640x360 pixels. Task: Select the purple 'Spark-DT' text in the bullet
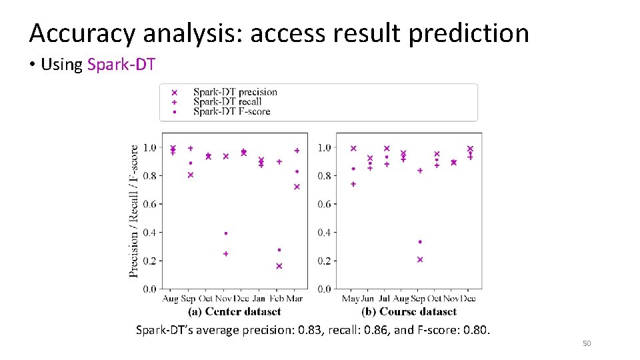point(121,65)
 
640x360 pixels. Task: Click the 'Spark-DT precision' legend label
point(235,92)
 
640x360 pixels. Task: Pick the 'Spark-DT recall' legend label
point(227,102)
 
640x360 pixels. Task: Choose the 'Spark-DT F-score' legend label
point(231,112)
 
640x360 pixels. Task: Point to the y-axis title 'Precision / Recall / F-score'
point(134,211)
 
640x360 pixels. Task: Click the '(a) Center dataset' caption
point(234,311)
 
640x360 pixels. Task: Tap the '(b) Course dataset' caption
point(408,311)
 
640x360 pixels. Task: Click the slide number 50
point(587,343)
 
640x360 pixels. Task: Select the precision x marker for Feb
point(279,266)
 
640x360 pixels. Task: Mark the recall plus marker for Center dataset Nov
point(226,254)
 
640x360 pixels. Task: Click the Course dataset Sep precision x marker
point(420,259)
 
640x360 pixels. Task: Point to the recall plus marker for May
point(353,184)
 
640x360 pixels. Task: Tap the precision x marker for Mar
point(297,187)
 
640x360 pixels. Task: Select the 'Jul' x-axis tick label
point(385,299)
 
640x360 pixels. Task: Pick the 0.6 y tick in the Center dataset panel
point(149,204)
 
